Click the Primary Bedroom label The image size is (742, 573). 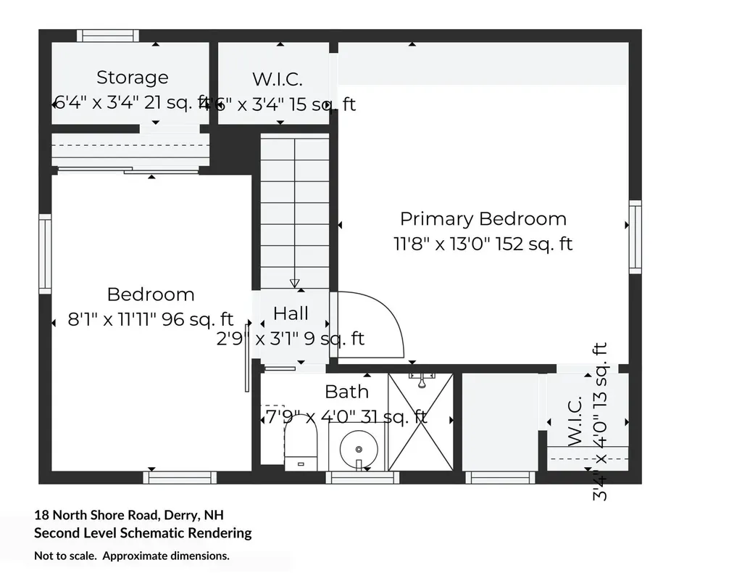(483, 218)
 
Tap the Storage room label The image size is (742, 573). (132, 77)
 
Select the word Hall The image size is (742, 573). (291, 313)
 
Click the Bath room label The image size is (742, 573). (346, 392)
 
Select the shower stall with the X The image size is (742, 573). (420, 422)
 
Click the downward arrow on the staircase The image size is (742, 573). (294, 283)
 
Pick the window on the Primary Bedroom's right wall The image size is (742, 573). (635, 237)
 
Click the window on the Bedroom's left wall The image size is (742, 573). (45, 255)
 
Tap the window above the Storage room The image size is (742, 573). (108, 36)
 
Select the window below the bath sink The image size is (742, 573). (362, 477)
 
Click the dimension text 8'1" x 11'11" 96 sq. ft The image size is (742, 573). (151, 319)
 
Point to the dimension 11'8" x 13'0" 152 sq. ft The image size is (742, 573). (483, 244)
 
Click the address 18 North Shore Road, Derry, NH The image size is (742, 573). (129, 515)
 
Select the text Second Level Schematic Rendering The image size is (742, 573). (143, 533)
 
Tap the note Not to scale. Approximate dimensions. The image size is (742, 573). (132, 556)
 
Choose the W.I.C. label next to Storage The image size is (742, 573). (277, 79)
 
